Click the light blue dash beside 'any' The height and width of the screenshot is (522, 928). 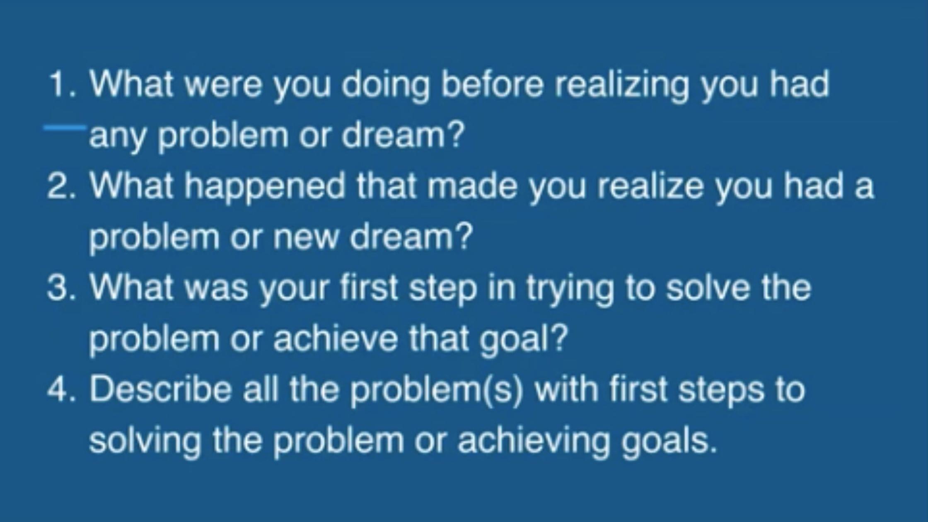[65, 127]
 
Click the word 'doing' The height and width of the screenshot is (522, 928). [385, 87]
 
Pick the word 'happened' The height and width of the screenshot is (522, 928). [264, 188]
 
